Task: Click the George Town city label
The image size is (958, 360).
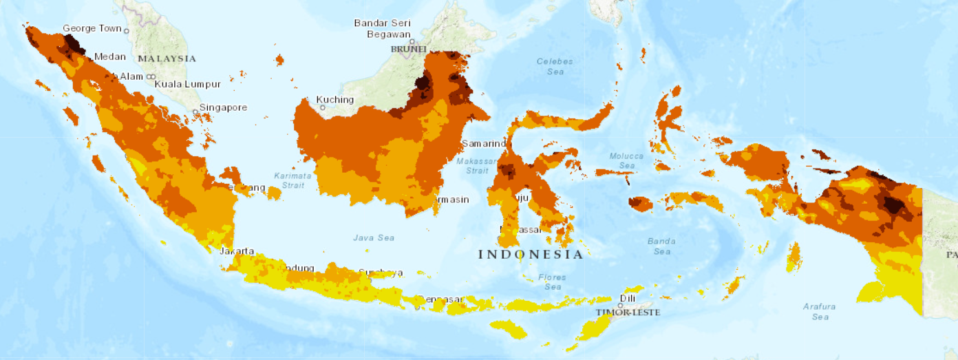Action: (x=92, y=29)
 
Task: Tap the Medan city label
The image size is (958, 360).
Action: (x=109, y=56)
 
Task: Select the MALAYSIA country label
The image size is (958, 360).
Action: (x=167, y=59)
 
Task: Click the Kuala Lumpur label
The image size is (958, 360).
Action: (x=188, y=84)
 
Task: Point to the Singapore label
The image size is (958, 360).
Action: (x=224, y=107)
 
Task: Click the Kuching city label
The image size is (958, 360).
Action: (x=335, y=100)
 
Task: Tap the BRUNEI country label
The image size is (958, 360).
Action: (x=409, y=50)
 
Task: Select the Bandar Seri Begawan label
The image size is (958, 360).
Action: (x=383, y=28)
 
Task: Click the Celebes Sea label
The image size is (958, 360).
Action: (x=555, y=66)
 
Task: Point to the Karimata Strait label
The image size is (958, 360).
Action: (x=293, y=180)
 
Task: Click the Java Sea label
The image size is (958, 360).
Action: (x=374, y=237)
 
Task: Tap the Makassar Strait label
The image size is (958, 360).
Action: (x=477, y=165)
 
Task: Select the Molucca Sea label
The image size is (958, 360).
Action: (x=626, y=160)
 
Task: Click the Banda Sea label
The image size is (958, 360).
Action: (x=661, y=246)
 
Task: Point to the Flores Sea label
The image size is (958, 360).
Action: (x=553, y=282)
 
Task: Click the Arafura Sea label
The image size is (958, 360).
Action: (x=819, y=311)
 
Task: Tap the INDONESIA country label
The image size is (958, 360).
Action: (x=531, y=255)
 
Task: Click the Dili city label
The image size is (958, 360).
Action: (x=626, y=299)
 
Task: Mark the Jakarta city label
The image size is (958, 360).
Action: (x=237, y=251)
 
